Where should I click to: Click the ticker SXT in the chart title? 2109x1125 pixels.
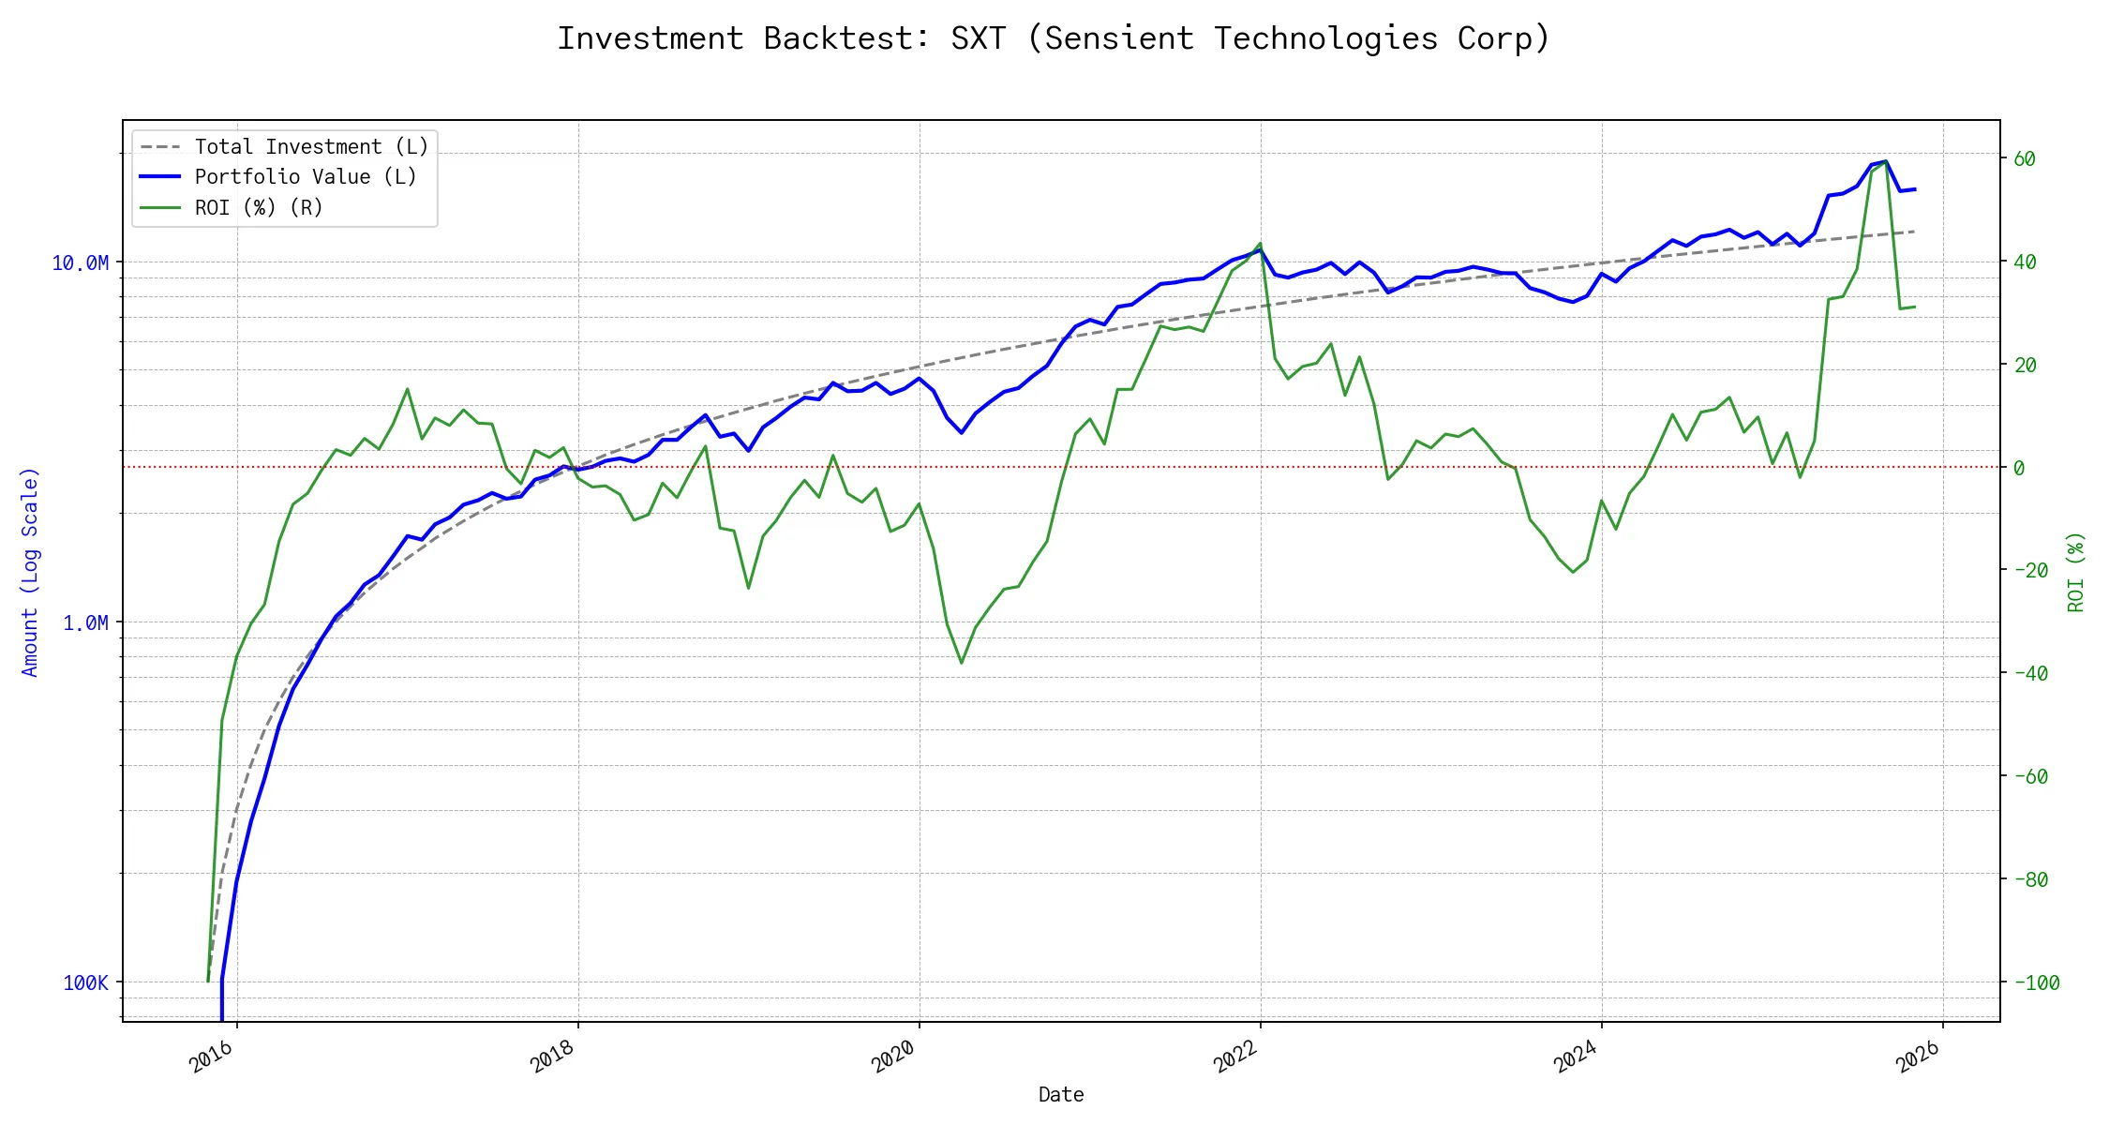point(978,38)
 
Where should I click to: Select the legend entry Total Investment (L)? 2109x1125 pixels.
point(311,147)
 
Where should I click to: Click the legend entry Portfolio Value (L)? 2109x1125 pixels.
point(306,177)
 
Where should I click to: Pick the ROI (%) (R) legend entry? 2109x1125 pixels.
point(259,208)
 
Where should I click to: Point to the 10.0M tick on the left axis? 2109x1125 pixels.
point(80,263)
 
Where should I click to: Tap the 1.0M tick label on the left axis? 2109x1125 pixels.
point(85,623)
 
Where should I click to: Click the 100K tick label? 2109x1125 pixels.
point(85,983)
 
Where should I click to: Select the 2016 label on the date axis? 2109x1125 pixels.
point(212,1057)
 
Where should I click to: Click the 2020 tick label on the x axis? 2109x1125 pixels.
point(893,1057)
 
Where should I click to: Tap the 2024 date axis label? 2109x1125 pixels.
point(1576,1057)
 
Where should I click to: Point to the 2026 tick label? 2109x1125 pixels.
point(1918,1057)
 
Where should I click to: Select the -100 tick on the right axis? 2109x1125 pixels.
point(2036,983)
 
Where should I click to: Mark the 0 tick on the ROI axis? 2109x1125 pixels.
point(2019,468)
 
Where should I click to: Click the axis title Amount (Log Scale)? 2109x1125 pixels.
point(30,572)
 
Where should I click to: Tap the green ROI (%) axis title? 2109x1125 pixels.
point(2075,572)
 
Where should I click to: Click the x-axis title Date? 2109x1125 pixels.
point(1061,1095)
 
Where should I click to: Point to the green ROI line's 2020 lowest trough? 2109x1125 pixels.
point(962,663)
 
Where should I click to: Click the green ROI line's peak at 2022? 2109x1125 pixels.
point(1261,244)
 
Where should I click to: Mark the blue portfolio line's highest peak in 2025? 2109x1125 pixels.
point(1885,161)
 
